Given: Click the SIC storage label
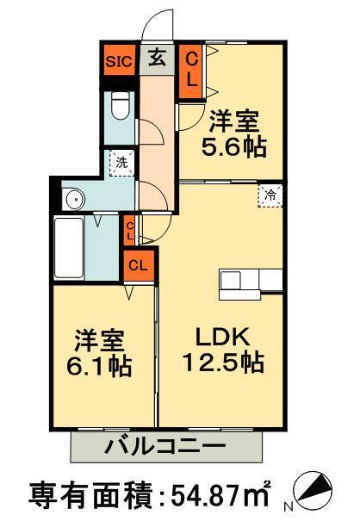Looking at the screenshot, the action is click(119, 61).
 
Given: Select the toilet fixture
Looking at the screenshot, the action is click(120, 105).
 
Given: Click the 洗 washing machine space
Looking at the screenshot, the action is click(121, 163).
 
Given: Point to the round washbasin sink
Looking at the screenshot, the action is click(76, 199).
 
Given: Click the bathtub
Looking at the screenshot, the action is click(69, 247).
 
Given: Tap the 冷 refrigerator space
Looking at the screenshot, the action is click(270, 195).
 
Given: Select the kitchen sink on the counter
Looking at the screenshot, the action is click(231, 280).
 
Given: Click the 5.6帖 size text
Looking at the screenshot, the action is click(233, 147).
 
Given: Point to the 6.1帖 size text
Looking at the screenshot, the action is click(99, 366).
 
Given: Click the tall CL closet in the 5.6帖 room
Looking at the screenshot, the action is click(191, 71).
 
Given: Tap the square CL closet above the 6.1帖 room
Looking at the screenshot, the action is click(139, 265).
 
